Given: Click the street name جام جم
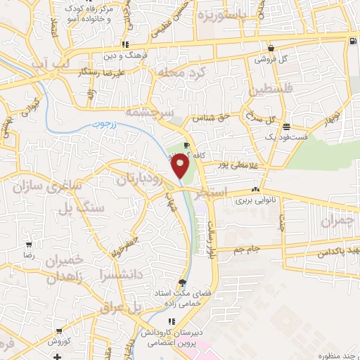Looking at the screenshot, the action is (x=247, y=248).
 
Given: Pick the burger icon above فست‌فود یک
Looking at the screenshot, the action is (x=286, y=127).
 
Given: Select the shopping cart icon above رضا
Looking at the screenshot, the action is (x=28, y=246).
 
